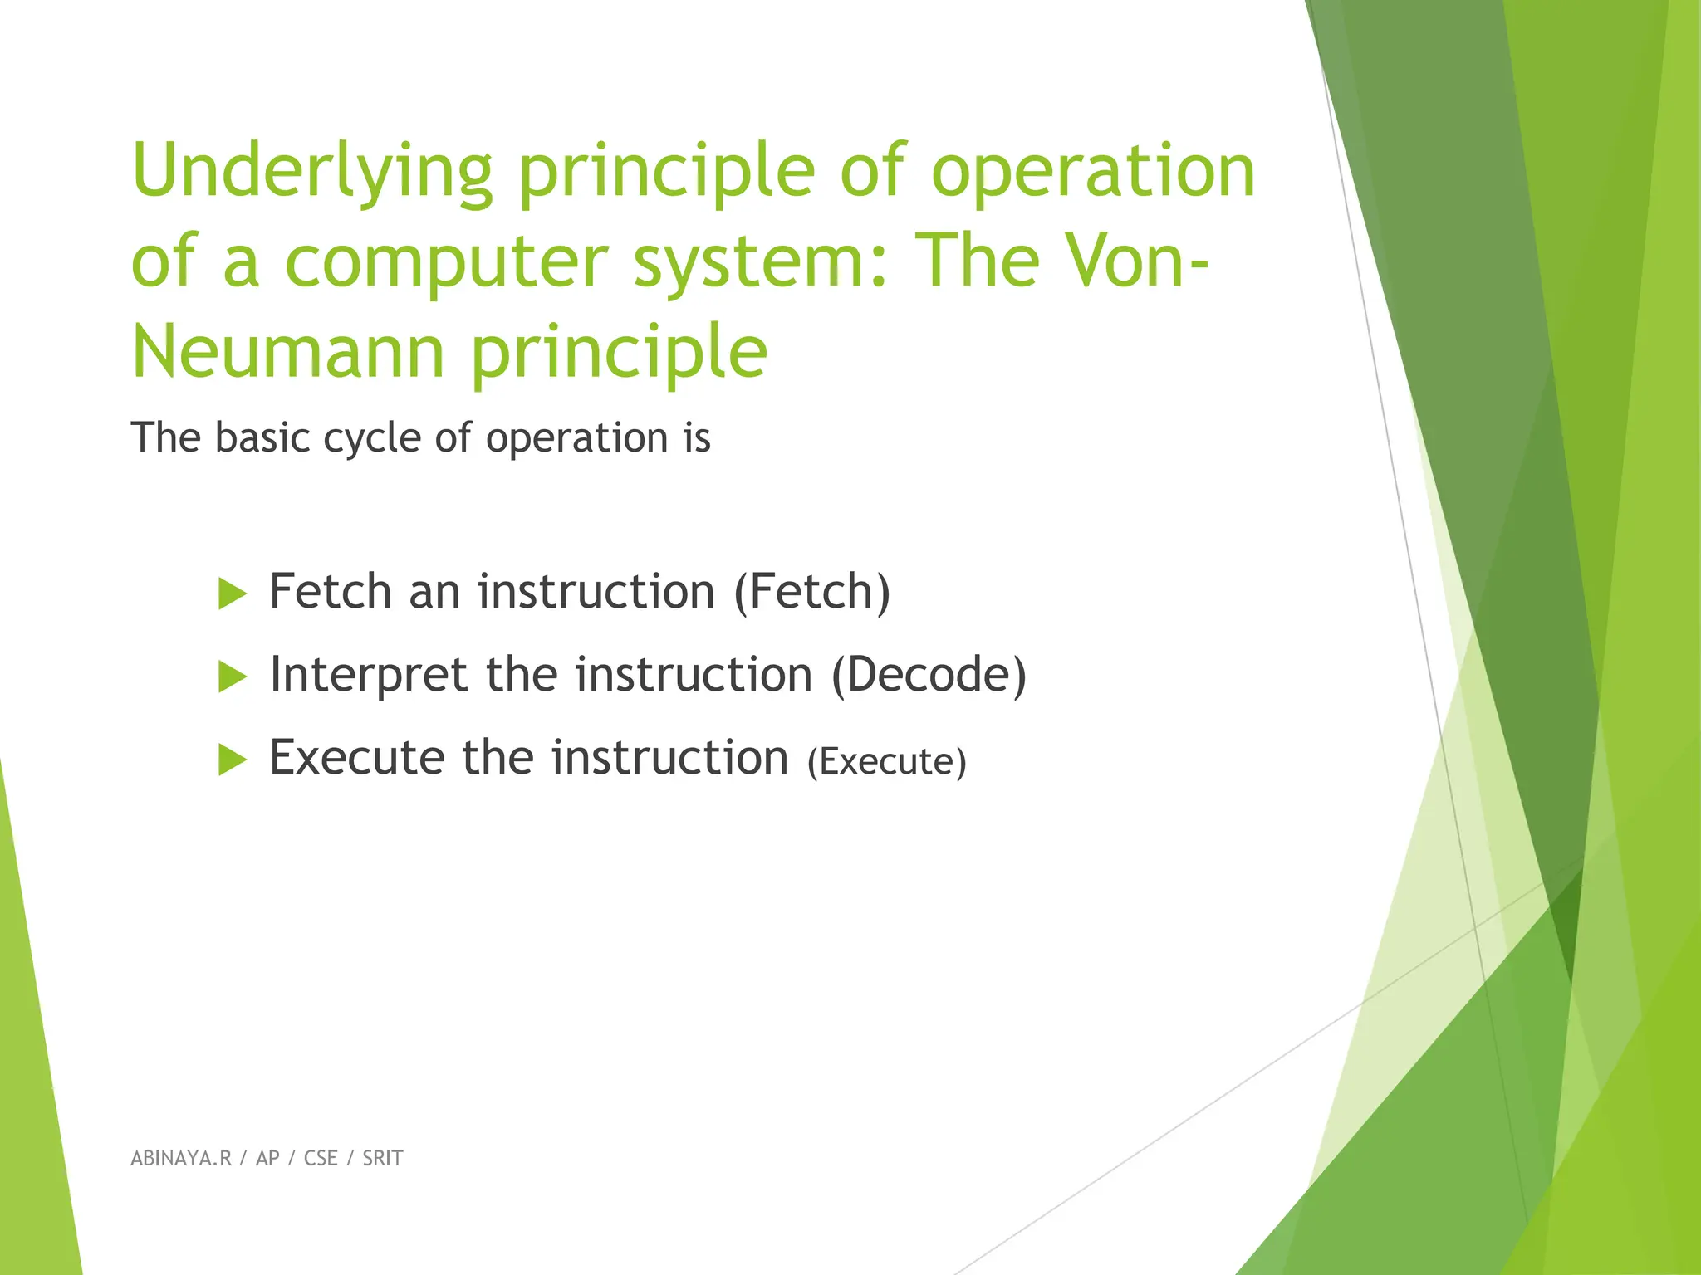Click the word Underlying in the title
click(312, 173)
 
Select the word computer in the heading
click(447, 262)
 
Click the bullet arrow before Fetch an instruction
click(232, 594)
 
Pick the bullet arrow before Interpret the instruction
click(232, 677)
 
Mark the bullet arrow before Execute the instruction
click(232, 760)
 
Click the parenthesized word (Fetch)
click(811, 592)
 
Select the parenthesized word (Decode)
click(929, 675)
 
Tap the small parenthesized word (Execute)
click(886, 762)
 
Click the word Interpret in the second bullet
click(368, 675)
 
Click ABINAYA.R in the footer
click(181, 1159)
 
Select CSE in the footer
click(321, 1159)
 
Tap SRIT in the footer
click(382, 1159)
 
